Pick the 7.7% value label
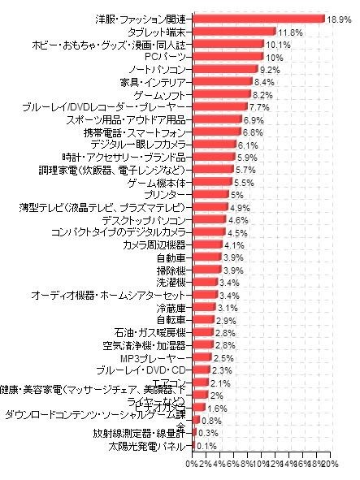pos(259,107)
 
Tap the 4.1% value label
pos(234,246)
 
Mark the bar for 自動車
pos(206,258)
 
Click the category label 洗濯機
pos(174,283)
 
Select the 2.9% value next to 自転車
pos(226,322)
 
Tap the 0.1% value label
pos(206,447)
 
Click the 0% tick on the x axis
pos(191,464)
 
